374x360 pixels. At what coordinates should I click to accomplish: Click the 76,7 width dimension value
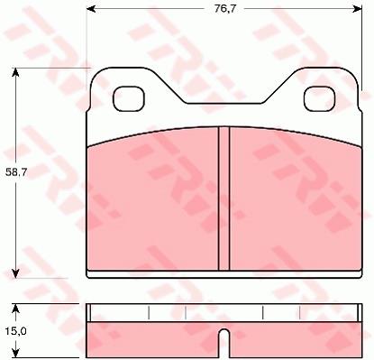tap(225, 9)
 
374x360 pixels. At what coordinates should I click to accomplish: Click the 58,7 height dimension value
tap(16, 172)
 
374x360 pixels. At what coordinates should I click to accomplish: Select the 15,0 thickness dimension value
tap(16, 331)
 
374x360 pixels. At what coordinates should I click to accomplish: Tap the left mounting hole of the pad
tap(129, 98)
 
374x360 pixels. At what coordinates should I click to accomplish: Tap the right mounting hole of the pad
tap(319, 98)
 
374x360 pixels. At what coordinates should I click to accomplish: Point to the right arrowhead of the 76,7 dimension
tap(358, 9)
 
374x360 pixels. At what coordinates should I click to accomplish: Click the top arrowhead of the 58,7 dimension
tap(15, 72)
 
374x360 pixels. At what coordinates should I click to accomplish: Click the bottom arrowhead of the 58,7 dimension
tap(15, 273)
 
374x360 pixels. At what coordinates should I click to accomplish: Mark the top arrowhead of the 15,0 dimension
tap(15, 309)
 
